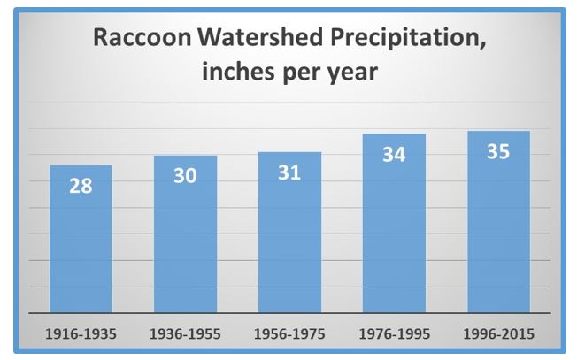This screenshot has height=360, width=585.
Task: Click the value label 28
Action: (81, 187)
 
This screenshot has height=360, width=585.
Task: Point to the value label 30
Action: (185, 176)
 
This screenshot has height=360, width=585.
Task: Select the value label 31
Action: (289, 172)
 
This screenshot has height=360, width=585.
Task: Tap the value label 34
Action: (394, 155)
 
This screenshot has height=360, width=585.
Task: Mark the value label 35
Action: (498, 151)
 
